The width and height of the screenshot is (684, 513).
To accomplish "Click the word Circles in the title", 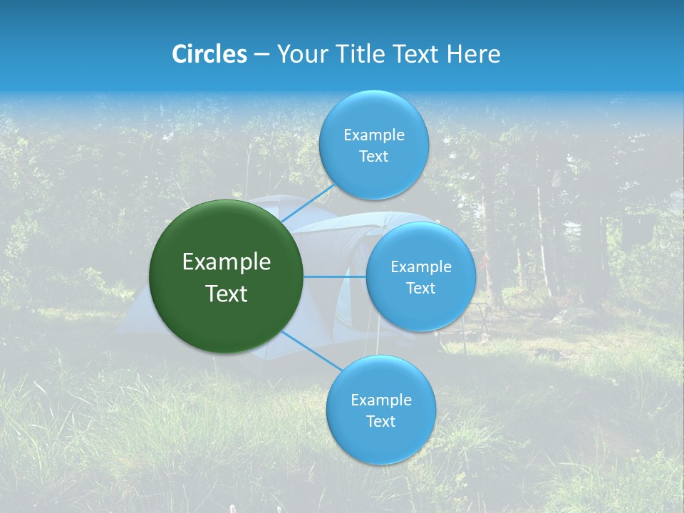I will coord(209,54).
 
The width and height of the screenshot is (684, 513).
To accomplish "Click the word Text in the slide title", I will coord(418,54).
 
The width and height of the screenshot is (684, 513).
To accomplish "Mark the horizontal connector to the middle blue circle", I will coord(335,276).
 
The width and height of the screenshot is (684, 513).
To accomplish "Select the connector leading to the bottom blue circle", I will coord(312,351).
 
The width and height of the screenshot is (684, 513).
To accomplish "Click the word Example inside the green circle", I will coord(227,262).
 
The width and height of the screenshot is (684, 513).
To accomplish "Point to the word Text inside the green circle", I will coord(227,294).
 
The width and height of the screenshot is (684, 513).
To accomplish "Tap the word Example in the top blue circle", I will coord(373,135).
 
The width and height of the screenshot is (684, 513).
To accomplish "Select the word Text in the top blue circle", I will coord(373,156).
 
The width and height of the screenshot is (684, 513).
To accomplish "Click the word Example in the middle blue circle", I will coord(420,266).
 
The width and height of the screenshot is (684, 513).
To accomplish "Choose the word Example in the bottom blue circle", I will coord(380,400).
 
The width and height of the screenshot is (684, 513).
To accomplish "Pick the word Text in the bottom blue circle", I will coord(380,421).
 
